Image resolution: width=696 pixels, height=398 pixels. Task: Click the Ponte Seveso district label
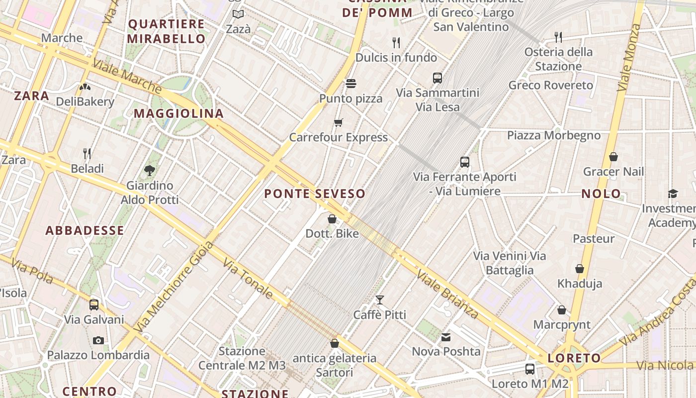[314, 194]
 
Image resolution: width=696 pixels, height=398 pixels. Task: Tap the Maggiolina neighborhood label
[179, 113]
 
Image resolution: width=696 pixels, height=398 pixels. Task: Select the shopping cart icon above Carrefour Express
[339, 122]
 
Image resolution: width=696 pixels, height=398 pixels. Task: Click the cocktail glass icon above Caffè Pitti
[380, 299]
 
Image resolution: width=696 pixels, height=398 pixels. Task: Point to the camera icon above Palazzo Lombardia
[98, 340]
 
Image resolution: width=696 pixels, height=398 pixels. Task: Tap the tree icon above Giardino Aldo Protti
[149, 171]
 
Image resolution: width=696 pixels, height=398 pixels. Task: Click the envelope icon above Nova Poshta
[446, 337]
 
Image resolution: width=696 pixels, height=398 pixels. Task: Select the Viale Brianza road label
[447, 295]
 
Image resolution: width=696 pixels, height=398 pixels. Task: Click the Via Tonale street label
[247, 279]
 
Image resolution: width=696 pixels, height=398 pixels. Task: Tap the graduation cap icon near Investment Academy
[673, 194]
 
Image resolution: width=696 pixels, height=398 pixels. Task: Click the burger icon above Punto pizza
[351, 84]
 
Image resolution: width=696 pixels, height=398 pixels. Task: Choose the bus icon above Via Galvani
[94, 304]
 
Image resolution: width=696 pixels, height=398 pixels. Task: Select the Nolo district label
[601, 194]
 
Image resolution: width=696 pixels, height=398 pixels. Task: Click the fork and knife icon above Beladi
[87, 153]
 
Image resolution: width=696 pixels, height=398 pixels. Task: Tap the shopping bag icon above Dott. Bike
[332, 218]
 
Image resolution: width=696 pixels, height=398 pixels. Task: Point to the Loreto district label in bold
[574, 358]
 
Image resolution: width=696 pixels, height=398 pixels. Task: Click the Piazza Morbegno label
[553, 135]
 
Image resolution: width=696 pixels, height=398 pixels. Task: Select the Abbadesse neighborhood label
[85, 230]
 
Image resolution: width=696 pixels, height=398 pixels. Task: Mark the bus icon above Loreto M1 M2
[530, 369]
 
